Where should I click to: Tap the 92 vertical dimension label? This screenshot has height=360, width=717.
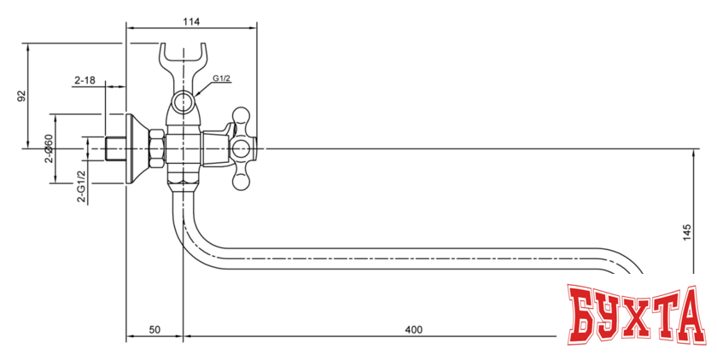21,96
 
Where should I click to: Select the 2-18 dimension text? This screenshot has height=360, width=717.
85,80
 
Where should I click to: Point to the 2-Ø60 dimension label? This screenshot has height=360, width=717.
49,149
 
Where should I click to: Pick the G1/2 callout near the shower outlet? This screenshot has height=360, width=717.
222,79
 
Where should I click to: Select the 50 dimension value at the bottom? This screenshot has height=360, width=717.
155,329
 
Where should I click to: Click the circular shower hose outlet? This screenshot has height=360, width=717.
182,104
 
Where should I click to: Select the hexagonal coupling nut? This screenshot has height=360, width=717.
157,148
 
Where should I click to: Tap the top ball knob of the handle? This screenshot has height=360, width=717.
242,114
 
